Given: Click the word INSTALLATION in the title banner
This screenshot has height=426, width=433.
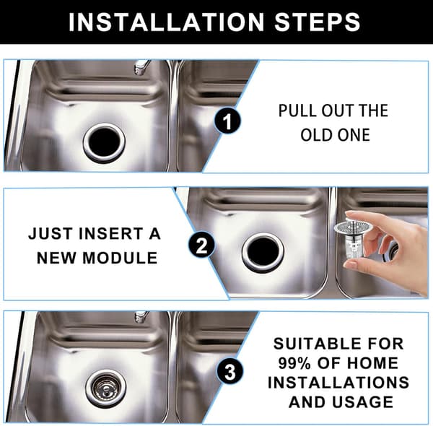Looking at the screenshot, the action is coord(166,22).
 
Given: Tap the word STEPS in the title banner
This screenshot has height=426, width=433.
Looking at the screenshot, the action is coord(318,22).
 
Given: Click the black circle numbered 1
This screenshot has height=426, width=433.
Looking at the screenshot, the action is coord(227,121).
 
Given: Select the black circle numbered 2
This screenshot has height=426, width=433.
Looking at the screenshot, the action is coord(201,245).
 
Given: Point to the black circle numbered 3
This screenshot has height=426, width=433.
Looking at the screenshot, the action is coord(230,372).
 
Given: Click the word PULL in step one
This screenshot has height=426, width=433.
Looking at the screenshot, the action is coord(297,110).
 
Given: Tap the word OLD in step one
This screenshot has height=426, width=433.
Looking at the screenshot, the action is coord(317,135).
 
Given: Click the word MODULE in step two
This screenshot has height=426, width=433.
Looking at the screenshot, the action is coord(120,258).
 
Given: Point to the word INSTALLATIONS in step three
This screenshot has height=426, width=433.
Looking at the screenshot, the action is coord(338,383).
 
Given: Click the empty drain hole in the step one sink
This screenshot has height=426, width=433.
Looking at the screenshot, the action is coord(105,142).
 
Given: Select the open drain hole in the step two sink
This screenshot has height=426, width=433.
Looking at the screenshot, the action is coord(263,252).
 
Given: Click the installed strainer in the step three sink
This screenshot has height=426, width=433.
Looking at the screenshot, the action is coord(106,388).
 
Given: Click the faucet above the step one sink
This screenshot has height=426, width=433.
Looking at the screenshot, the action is coord(141,67).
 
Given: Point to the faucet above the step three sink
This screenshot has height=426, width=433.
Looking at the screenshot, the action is coord(141,317).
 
